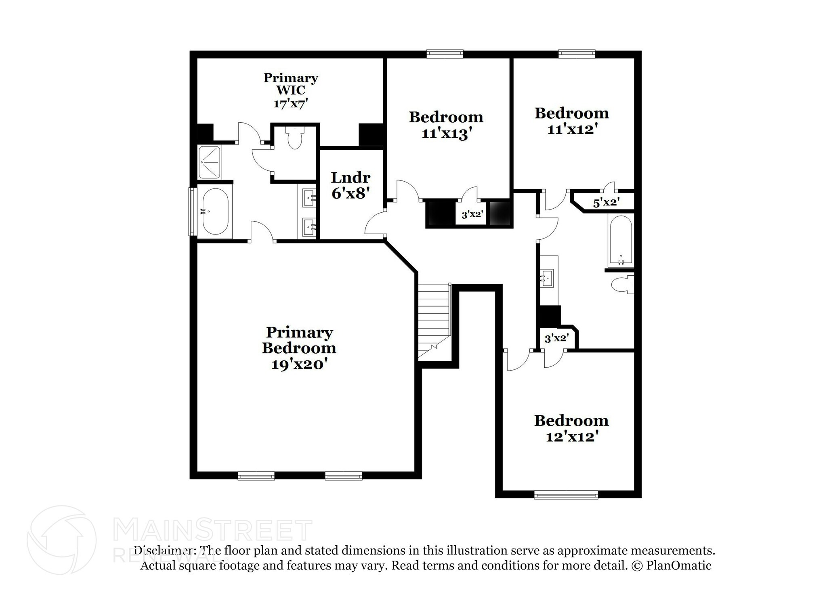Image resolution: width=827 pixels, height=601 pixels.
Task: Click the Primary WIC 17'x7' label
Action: point(291,90)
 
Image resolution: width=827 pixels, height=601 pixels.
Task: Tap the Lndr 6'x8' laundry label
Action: point(351,185)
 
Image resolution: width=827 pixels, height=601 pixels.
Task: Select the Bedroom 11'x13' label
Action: point(446,125)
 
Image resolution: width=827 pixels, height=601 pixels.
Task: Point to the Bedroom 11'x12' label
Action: point(572,121)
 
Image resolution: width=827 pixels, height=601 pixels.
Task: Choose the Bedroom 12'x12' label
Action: point(571,428)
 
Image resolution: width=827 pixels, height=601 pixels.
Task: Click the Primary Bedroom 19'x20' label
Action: point(299,348)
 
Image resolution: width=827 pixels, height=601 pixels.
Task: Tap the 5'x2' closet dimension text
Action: point(606,203)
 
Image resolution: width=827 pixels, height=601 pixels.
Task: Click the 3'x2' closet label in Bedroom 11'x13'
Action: point(472,214)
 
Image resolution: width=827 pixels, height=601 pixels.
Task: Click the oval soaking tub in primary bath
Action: point(215,212)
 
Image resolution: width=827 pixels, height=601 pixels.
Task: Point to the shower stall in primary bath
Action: point(209,162)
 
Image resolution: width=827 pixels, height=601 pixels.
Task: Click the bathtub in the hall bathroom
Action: point(621,240)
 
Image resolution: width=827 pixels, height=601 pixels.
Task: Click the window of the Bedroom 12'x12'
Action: point(566,494)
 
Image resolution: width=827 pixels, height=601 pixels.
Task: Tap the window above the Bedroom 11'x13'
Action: point(445,54)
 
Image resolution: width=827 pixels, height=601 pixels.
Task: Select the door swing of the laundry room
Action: point(375,224)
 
